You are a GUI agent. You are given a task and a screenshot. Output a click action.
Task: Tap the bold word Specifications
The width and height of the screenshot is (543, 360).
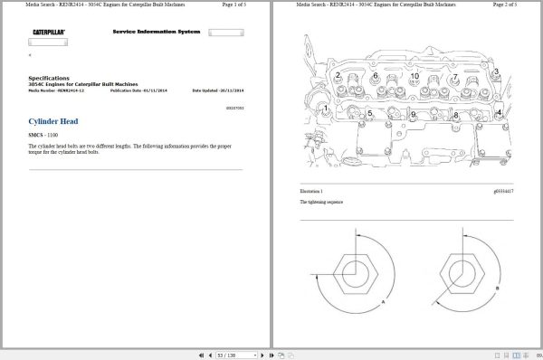coord(49,78)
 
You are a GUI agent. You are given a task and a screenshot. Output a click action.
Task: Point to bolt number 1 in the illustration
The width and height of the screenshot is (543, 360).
coord(327,109)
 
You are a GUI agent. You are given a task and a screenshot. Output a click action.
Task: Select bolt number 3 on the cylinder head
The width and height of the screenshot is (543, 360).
coord(495,71)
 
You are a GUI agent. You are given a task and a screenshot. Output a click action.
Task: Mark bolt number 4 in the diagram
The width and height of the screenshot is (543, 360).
coord(499,113)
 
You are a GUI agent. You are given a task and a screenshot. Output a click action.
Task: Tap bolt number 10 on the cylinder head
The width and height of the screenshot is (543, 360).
coord(414,76)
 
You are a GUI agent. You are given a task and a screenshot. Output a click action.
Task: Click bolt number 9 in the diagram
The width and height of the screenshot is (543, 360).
coord(413,115)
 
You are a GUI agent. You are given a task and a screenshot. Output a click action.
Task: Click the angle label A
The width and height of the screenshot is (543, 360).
coord(384,299)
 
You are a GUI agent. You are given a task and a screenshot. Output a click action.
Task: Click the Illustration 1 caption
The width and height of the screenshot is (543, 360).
coord(311,192)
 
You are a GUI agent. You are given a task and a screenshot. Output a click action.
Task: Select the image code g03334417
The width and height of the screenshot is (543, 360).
coord(503,192)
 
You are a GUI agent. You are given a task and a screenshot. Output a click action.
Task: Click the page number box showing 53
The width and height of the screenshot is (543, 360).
coord(221,354)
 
